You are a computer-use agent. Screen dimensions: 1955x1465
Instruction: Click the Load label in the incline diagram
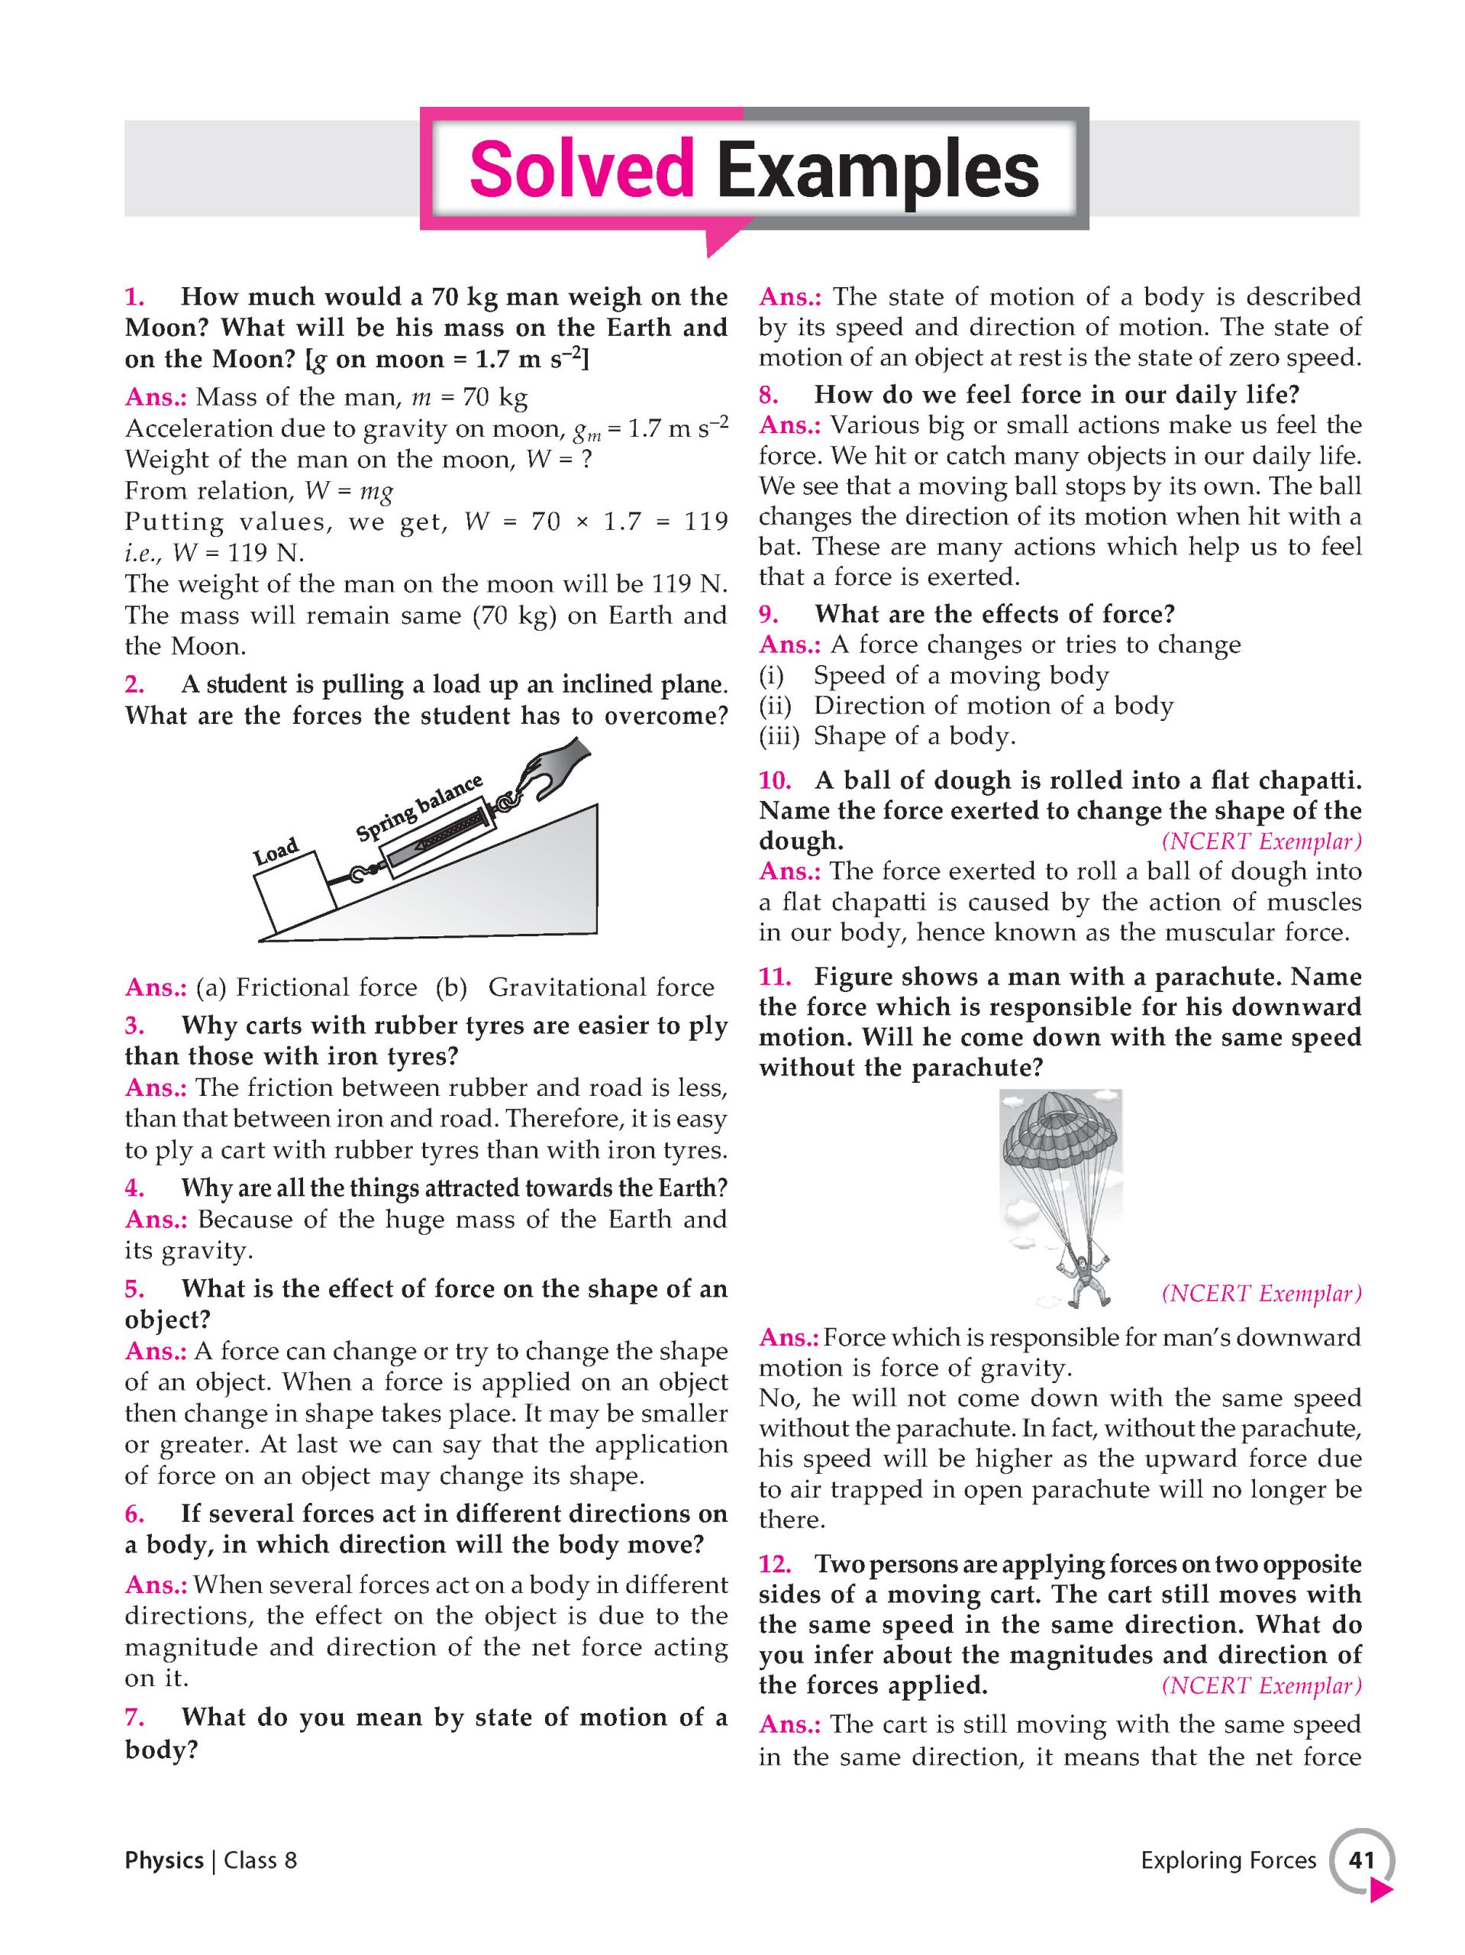point(276,852)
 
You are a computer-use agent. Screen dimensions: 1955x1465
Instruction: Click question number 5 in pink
point(134,1288)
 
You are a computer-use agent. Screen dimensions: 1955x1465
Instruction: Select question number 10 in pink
point(774,780)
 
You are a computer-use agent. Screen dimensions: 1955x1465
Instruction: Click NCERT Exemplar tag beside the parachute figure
point(1261,1294)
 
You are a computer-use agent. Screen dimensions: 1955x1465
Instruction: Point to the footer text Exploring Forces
point(1228,1860)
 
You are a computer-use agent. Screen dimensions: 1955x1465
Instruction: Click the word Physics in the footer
point(163,1860)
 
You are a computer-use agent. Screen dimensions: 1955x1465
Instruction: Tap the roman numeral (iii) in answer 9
point(779,736)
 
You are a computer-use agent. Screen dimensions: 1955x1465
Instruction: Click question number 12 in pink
point(774,1564)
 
